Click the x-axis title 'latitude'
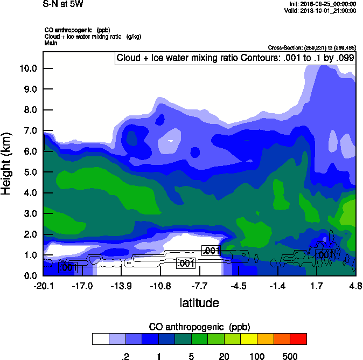coord(199,303)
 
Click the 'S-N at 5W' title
coord(62,4)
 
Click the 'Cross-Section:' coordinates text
coord(311,48)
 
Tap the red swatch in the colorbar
coord(298,338)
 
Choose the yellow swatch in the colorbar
coord(248,338)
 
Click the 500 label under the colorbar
coord(290,356)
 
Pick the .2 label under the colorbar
coord(125,356)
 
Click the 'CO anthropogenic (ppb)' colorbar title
coord(199,327)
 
